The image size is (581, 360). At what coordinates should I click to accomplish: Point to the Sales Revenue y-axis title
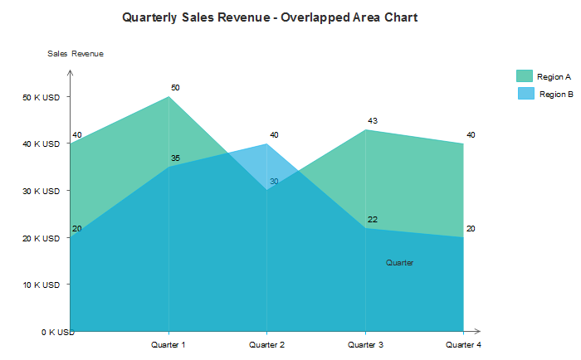[x=76, y=54]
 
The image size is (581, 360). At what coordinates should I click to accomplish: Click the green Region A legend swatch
[x=525, y=76]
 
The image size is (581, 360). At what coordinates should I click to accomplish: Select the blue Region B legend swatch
[x=526, y=94]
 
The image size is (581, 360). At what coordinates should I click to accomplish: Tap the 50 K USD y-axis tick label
[x=41, y=97]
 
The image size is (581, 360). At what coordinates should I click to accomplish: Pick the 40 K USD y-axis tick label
[x=41, y=144]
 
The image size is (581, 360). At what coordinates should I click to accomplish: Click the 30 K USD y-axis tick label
[x=41, y=191]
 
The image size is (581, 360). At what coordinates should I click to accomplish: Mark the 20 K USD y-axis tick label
[x=41, y=238]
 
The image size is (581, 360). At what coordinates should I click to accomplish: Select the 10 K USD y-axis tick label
[x=41, y=285]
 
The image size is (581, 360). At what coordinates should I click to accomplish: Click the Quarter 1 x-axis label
[x=168, y=344]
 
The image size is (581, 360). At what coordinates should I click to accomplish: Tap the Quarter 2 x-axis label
[x=266, y=344]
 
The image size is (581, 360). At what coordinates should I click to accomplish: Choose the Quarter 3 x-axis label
[x=365, y=344]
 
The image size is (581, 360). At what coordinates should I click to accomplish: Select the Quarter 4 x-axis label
[x=463, y=344]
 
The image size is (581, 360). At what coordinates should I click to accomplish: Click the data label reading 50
[x=175, y=87]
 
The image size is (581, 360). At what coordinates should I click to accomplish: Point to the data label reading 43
[x=373, y=121]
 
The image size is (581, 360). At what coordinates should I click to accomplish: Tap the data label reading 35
[x=175, y=158]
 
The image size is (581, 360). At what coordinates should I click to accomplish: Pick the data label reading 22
[x=373, y=220]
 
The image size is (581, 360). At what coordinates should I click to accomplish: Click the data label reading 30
[x=274, y=181]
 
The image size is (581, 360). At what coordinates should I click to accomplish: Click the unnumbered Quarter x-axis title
[x=399, y=263]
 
